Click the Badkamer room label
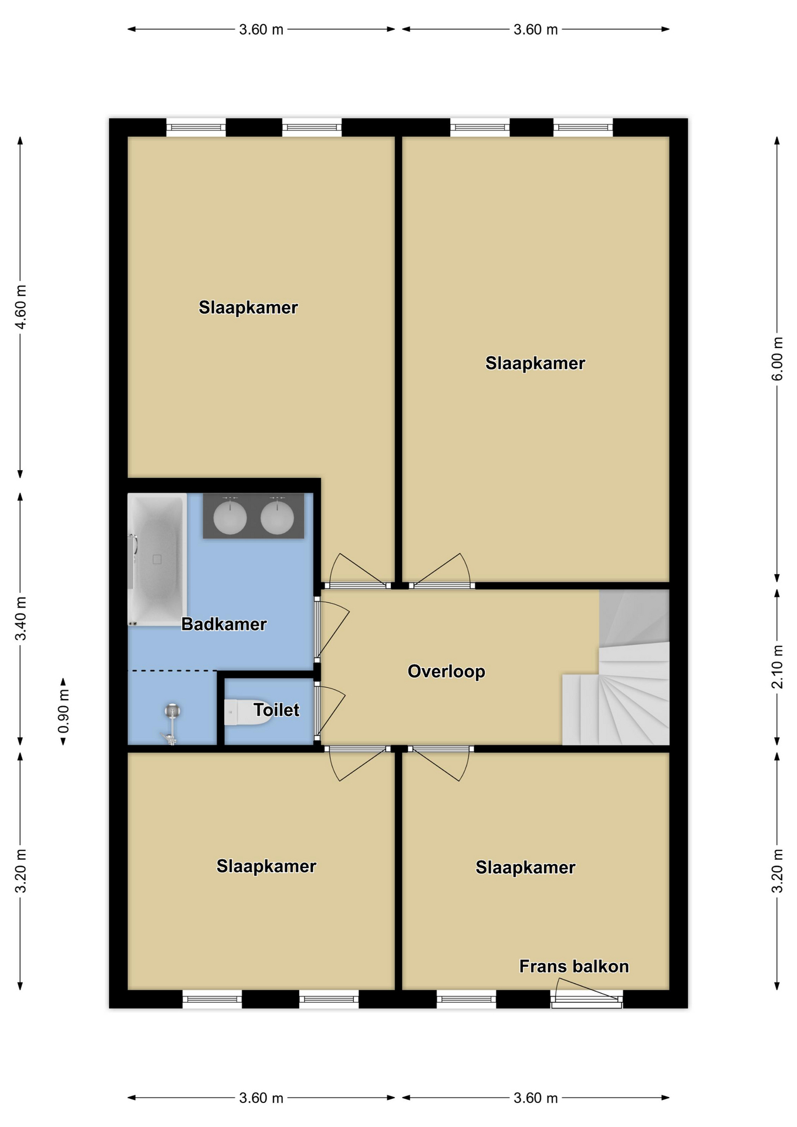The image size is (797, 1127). [x=224, y=624]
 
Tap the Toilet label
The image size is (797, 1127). [x=276, y=710]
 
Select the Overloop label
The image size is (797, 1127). [x=446, y=672]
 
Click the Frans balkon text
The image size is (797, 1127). [x=574, y=966]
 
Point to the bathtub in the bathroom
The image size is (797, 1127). [x=157, y=559]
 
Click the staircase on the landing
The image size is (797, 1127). [x=616, y=667]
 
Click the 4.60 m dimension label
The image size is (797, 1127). [x=21, y=308]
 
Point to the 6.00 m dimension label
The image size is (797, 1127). [x=777, y=359]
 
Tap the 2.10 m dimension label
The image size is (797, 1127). [x=777, y=667]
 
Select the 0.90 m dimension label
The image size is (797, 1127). [x=63, y=711]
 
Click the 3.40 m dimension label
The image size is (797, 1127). [x=21, y=619]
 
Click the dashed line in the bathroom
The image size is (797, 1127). [x=173, y=670]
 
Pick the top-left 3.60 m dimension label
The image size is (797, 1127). [x=261, y=29]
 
